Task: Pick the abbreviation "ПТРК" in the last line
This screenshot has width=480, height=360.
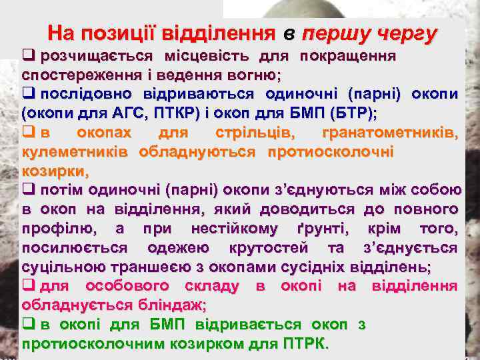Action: coord(303,345)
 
